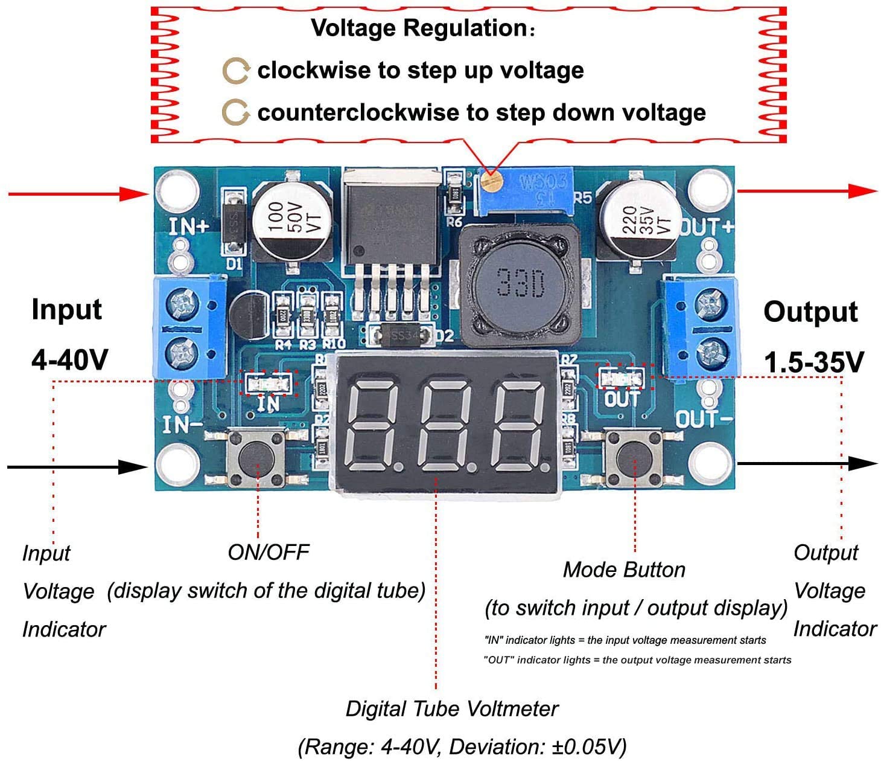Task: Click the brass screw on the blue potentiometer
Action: click(491, 180)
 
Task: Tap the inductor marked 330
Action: click(520, 283)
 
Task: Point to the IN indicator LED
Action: click(269, 383)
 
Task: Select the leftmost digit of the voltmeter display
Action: click(374, 426)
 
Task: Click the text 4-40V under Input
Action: click(69, 360)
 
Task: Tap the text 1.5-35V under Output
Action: click(813, 362)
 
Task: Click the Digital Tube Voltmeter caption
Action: click(451, 708)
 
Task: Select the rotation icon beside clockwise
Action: click(235, 71)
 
